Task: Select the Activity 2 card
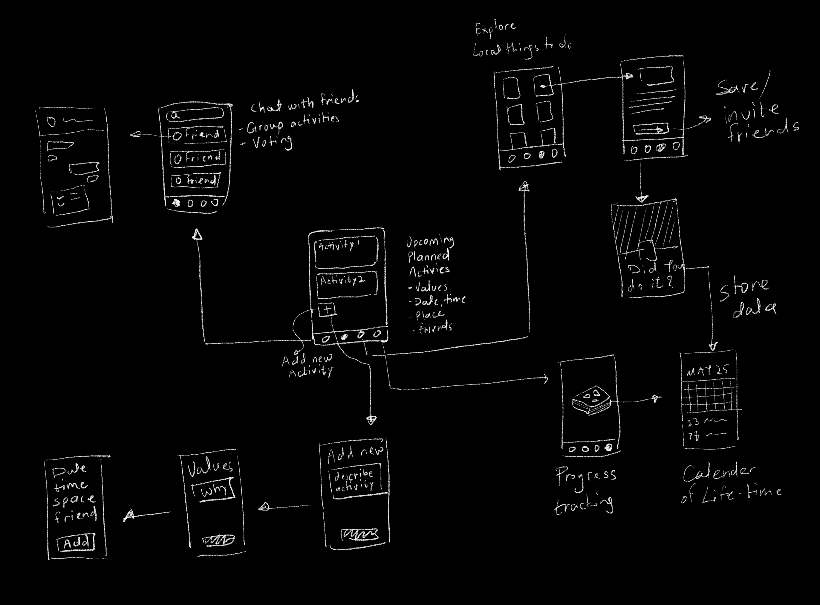347,284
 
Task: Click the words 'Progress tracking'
585,491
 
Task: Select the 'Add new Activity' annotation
308,366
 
